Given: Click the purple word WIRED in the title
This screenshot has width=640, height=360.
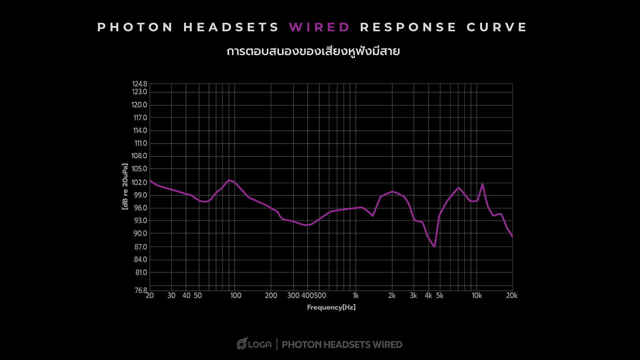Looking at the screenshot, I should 319,27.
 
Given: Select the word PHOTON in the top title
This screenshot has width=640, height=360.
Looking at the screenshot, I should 135,27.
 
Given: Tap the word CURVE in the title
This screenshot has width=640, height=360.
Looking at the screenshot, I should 497,27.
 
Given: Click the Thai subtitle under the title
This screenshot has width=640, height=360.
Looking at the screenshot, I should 313,52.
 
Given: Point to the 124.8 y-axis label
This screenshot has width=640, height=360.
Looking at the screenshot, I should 140,84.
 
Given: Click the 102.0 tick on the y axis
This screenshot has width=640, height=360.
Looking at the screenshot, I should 139,182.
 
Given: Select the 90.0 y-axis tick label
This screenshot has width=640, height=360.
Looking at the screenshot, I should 140,233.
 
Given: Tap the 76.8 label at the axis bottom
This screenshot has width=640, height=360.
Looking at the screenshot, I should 141,290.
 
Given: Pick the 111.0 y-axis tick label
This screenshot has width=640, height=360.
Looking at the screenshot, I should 141,143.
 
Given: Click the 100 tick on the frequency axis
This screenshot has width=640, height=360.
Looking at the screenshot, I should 236,296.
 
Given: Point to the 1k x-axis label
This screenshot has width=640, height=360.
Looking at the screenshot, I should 356,296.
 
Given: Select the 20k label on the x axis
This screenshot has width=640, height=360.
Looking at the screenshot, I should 512,296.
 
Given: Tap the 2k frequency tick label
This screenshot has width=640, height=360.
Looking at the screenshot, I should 392,296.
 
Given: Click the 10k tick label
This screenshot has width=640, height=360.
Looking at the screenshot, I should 477,296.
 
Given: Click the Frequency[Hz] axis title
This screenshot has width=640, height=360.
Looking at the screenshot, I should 331,307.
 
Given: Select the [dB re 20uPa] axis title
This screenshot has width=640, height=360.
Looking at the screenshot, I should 125,186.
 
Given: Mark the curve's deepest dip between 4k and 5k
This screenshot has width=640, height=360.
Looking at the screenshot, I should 434,247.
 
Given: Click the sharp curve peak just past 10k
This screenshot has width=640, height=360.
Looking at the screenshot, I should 482,184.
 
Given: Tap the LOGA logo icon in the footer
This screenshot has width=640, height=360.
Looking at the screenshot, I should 242,344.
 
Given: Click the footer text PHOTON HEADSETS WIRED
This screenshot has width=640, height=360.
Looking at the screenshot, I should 342,345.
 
